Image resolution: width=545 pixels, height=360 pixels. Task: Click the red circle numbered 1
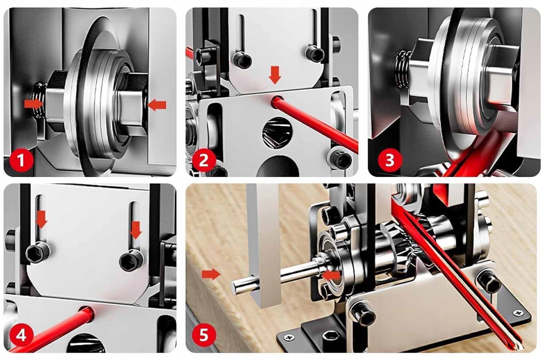click(x=21, y=160)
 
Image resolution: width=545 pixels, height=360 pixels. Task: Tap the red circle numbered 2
click(x=204, y=160)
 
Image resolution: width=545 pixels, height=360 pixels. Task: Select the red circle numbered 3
click(x=390, y=160)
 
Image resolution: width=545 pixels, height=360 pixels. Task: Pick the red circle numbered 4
click(x=21, y=336)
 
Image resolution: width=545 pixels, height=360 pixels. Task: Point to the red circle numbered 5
click(x=204, y=335)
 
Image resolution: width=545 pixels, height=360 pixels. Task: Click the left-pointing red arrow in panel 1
click(x=157, y=105)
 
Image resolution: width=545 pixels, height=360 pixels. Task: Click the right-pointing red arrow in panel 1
click(x=33, y=104)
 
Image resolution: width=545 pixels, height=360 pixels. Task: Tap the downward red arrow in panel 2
click(x=275, y=75)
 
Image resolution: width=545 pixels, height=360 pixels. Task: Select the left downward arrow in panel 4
click(x=41, y=220)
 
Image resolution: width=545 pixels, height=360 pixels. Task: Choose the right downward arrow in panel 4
click(x=136, y=230)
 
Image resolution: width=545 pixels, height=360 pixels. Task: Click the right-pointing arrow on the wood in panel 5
click(x=211, y=274)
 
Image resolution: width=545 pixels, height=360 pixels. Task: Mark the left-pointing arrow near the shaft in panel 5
click(x=331, y=275)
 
